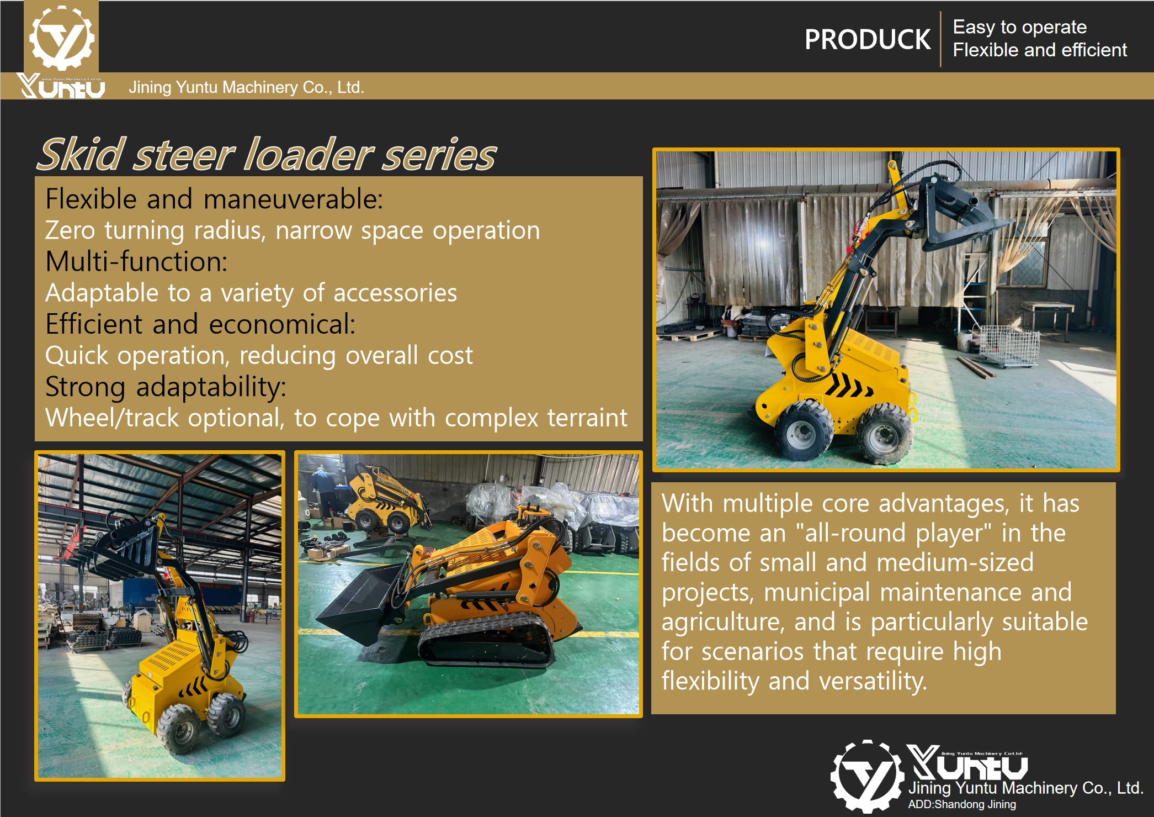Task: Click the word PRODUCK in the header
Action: coord(867,40)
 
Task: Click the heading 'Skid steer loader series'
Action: coord(267,155)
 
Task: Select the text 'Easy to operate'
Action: coord(1019,27)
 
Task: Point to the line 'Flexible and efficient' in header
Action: coord(1039,50)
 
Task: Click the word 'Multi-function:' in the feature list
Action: coord(136,262)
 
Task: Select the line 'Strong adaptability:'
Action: coord(166,387)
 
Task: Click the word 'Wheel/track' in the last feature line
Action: coord(112,418)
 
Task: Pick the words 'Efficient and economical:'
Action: coord(200,324)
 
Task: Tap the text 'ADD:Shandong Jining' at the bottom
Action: coord(961,804)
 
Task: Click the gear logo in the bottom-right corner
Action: coord(866,776)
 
